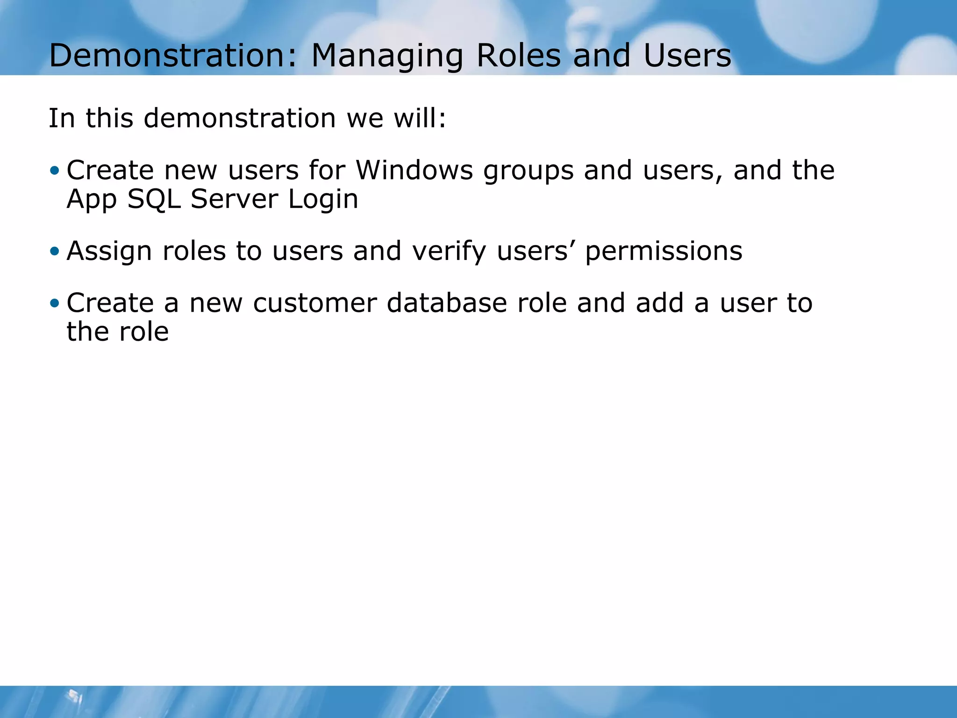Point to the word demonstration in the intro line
point(240,118)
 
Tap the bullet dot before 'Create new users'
point(55,171)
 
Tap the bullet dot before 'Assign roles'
point(55,251)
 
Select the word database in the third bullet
point(447,303)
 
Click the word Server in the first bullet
point(234,200)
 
